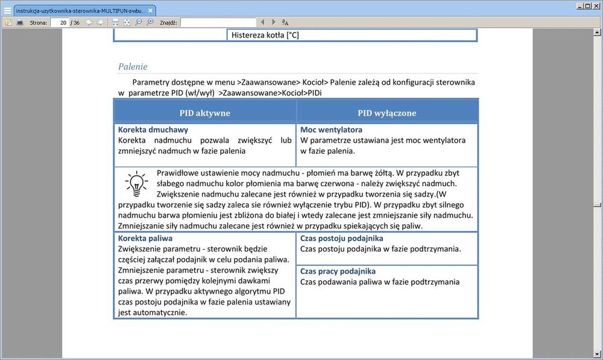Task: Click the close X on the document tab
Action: pyautogui.click(x=151, y=10)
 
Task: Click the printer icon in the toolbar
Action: pyautogui.click(x=20, y=22)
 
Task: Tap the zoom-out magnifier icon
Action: pyautogui.click(x=139, y=22)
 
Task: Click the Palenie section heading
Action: pyautogui.click(x=133, y=66)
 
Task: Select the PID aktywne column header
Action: pyautogui.click(x=204, y=113)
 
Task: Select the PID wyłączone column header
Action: pyautogui.click(x=387, y=113)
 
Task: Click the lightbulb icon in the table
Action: pyautogui.click(x=136, y=183)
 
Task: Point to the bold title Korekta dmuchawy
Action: pyautogui.click(x=153, y=130)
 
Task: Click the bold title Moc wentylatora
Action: pyautogui.click(x=331, y=130)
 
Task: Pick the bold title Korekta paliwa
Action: pyautogui.click(x=145, y=238)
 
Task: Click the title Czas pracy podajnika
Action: pyautogui.click(x=338, y=271)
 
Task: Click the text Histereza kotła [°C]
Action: pyautogui.click(x=265, y=35)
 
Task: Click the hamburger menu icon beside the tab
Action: pyautogui.click(x=7, y=10)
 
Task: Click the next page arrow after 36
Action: pyautogui.click(x=99, y=22)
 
